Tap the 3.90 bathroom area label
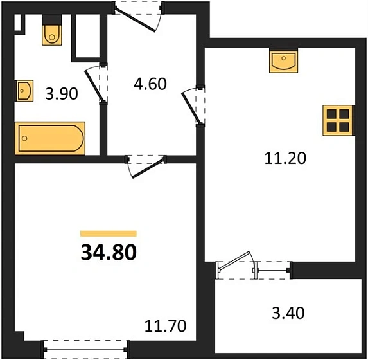[61, 94]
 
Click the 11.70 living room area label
[166, 326]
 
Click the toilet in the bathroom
[51, 33]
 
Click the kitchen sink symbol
[283, 62]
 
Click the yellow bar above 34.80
[109, 234]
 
